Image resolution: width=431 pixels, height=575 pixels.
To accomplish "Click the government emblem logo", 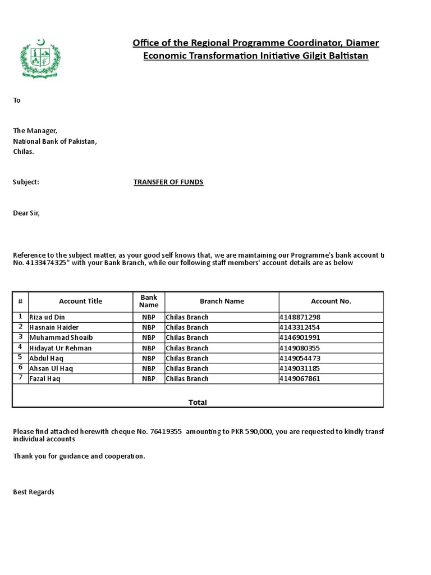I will [x=40, y=58].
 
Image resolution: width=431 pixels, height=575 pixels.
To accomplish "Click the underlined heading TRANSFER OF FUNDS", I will [x=168, y=182].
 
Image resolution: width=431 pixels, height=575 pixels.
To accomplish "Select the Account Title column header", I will [x=80, y=301].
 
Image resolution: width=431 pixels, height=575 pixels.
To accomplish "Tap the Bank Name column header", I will [x=149, y=301].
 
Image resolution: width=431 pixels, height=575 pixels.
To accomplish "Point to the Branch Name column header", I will [x=222, y=301].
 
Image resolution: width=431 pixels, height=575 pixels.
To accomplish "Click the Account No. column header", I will [x=331, y=301].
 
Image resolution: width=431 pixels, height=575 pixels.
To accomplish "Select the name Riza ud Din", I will [x=47, y=317].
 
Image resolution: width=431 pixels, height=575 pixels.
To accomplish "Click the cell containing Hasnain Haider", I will [x=54, y=327].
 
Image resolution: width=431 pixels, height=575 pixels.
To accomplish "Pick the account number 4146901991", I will [x=300, y=337].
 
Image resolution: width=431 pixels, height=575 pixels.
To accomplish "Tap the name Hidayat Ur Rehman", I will [x=60, y=348].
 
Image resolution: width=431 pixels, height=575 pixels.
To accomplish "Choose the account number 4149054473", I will [x=300, y=358].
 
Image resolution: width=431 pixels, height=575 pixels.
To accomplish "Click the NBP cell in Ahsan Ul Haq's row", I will [x=149, y=368].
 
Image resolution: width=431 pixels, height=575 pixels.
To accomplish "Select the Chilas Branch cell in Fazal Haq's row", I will [x=187, y=378].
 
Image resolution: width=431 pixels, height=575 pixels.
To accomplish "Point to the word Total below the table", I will [x=198, y=402].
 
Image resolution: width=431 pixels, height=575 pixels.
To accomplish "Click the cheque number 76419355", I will [x=166, y=431].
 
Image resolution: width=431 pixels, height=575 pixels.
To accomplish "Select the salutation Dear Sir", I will [x=26, y=213].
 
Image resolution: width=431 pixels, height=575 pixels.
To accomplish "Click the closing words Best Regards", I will [x=34, y=492].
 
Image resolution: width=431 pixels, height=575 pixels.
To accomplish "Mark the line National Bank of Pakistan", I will [x=55, y=141].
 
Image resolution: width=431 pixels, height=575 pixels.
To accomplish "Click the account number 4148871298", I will [x=300, y=317].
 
